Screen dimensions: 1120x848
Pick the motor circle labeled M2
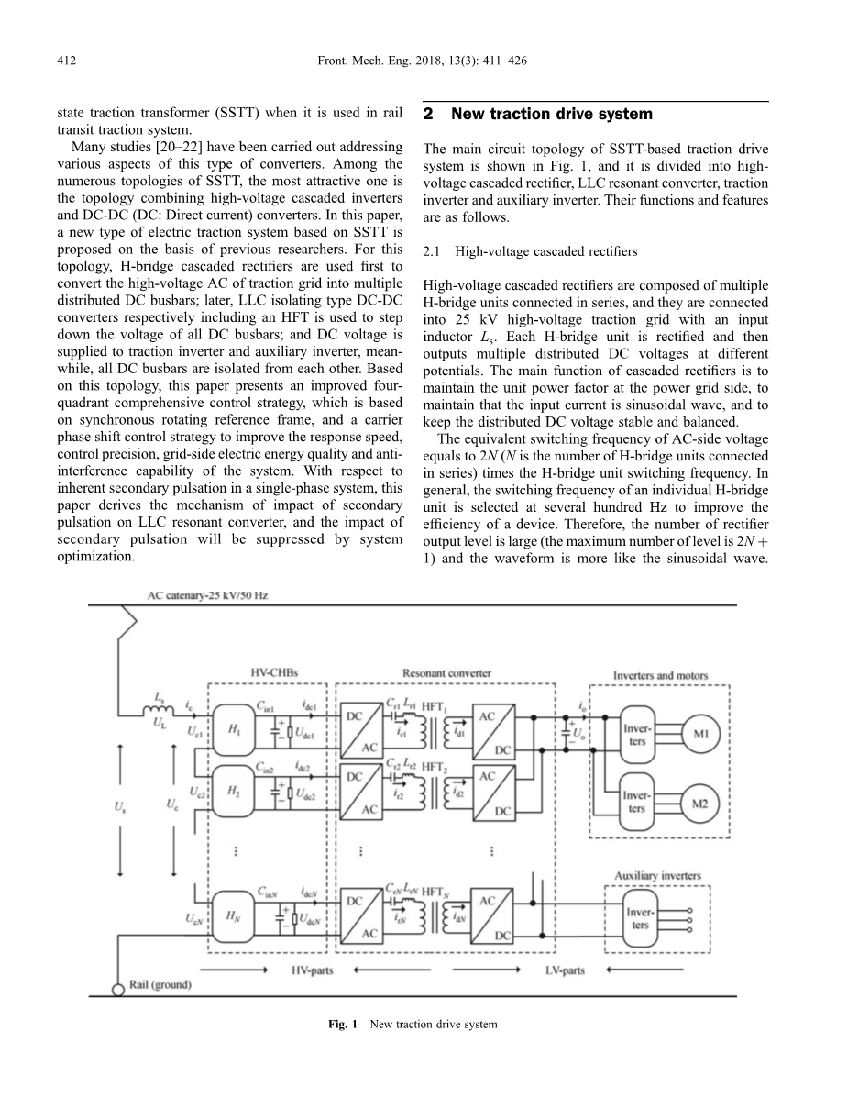coord(700,804)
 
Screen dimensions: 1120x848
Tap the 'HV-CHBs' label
coord(272,673)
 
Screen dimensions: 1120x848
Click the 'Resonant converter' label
coord(446,673)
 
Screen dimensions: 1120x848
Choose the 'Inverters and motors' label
coord(660,676)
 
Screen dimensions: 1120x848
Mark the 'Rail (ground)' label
coord(160,985)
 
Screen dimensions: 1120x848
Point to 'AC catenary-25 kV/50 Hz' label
coord(208,595)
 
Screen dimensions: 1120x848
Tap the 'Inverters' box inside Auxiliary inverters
coord(639,918)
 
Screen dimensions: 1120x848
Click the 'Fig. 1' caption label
coord(345,1024)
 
